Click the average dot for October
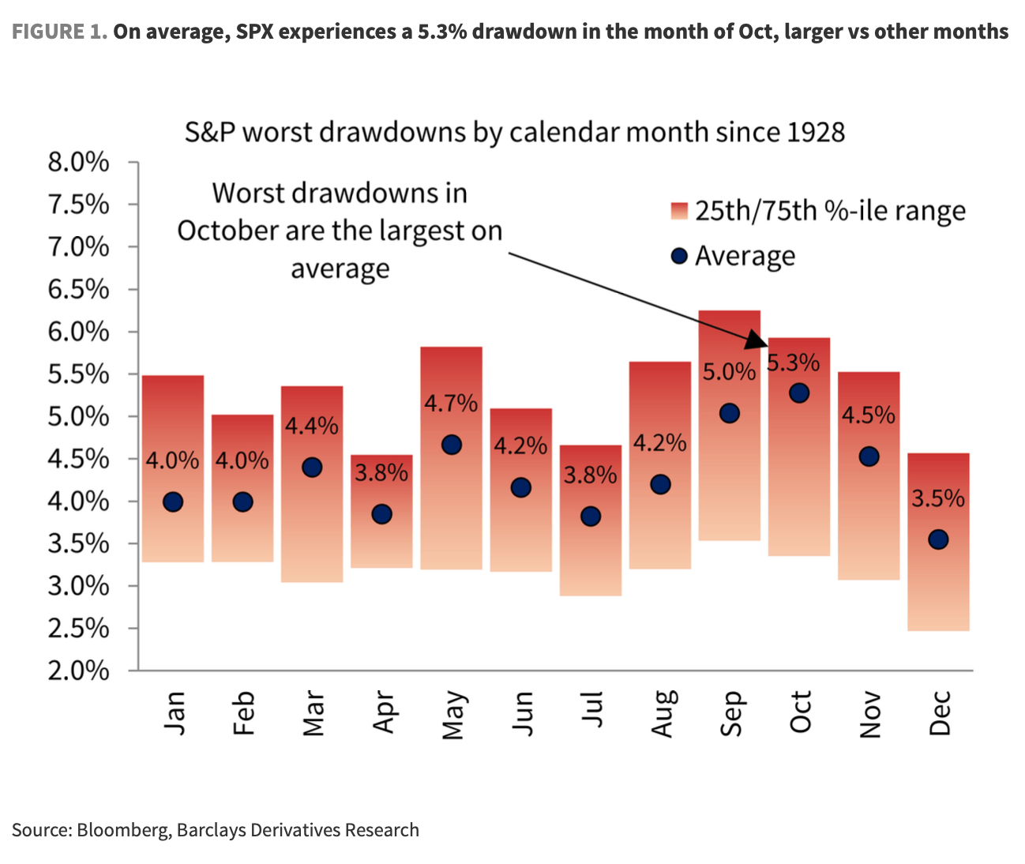click(x=799, y=393)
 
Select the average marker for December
click(x=938, y=539)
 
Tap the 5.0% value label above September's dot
click(x=729, y=371)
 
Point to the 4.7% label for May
click(x=451, y=404)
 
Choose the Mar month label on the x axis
click(x=313, y=713)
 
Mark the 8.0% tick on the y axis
click(x=78, y=163)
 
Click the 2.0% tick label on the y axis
click(x=78, y=671)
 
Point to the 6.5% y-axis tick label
click(x=78, y=290)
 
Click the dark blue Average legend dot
click(x=678, y=256)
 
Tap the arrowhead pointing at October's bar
click(x=757, y=340)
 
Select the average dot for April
click(x=381, y=514)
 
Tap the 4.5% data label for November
click(x=868, y=415)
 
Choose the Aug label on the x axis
click(x=661, y=713)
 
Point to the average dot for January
click(x=173, y=501)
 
